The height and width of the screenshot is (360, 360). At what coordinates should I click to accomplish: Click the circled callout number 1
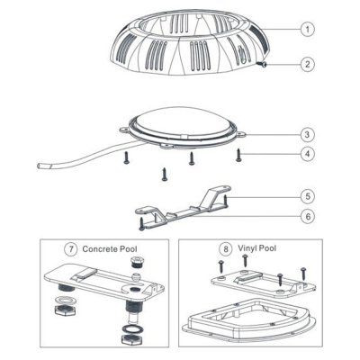(x=308, y=29)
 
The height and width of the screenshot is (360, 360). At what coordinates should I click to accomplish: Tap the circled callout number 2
(x=308, y=64)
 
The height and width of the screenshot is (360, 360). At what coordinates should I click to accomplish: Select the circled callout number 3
(x=308, y=134)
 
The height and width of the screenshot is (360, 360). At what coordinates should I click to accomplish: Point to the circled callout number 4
(x=308, y=154)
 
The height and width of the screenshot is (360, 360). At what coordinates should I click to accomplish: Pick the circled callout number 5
(x=308, y=196)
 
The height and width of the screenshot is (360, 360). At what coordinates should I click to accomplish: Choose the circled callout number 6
(x=308, y=216)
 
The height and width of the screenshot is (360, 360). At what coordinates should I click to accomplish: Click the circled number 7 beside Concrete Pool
(x=71, y=249)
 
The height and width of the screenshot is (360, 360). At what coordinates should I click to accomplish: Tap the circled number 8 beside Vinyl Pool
(x=226, y=249)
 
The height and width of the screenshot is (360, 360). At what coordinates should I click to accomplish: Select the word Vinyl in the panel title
(x=247, y=248)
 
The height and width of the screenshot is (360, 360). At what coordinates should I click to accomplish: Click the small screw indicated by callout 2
(x=262, y=64)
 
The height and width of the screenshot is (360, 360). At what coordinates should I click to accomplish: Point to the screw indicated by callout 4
(x=238, y=156)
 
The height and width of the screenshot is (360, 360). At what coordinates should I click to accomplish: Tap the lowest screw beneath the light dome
(x=164, y=175)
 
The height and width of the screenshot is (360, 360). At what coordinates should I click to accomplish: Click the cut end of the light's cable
(x=40, y=166)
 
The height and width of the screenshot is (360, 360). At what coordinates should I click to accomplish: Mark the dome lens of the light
(x=184, y=122)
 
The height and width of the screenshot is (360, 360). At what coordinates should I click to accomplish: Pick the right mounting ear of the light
(x=241, y=134)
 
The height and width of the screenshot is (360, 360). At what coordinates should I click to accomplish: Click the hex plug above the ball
(x=137, y=263)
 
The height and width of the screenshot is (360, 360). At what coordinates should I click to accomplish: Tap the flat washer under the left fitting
(x=62, y=300)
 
